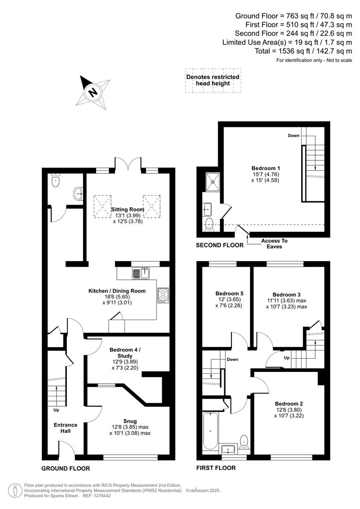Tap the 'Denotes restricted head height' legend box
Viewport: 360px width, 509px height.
click(213, 80)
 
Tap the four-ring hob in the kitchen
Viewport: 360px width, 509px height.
click(164, 295)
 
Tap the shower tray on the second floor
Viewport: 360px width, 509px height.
click(213, 179)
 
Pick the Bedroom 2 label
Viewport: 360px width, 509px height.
click(289, 403)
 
